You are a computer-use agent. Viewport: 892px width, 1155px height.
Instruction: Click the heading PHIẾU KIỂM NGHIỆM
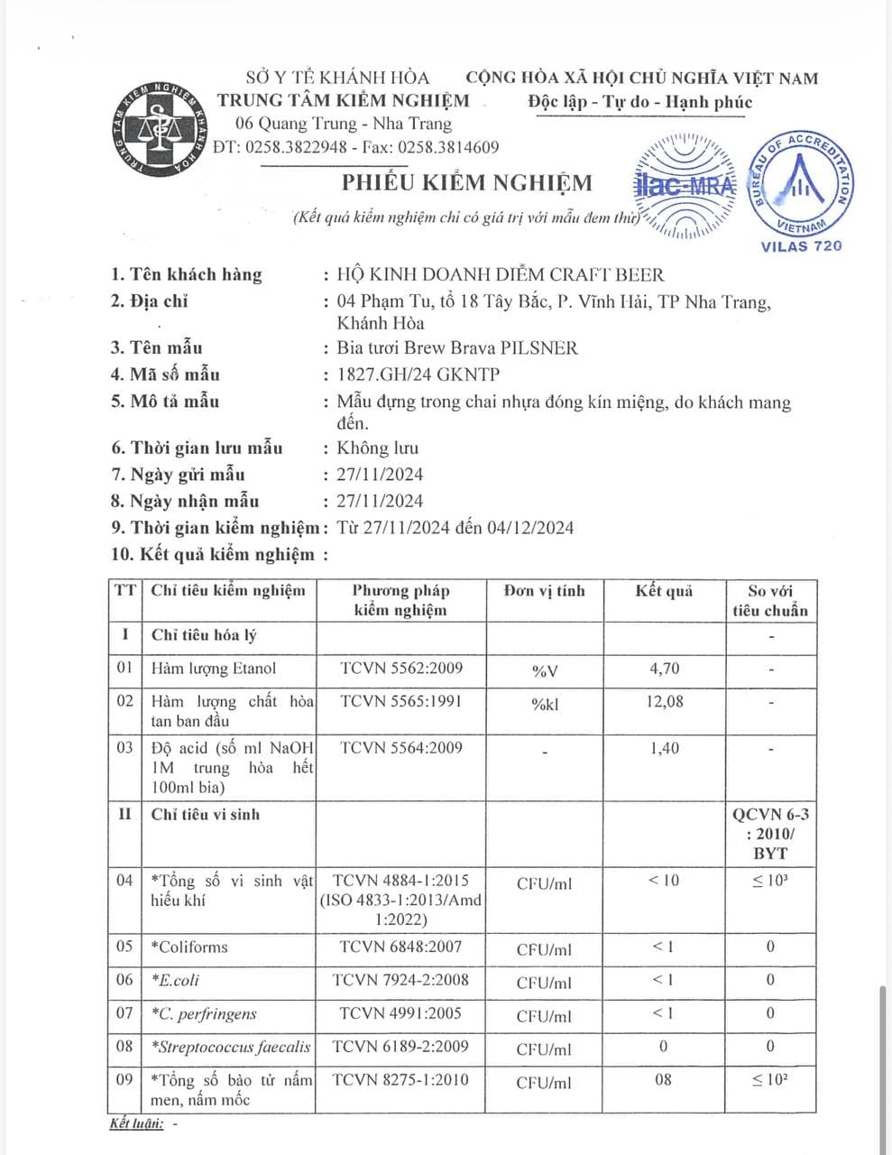coord(466,183)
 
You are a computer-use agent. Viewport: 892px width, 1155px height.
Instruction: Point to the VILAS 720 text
coord(801,245)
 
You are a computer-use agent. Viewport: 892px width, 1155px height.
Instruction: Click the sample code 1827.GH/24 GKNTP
coord(418,374)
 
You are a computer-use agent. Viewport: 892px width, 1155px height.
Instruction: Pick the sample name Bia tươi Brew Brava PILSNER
coord(457,347)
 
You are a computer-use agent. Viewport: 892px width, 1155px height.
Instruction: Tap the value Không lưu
coord(377,448)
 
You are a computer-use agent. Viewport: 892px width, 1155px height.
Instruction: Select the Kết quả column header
coord(664,591)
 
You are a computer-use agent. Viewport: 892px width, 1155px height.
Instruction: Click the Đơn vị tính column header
coord(545,591)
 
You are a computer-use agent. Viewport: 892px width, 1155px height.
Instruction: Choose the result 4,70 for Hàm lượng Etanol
coord(664,669)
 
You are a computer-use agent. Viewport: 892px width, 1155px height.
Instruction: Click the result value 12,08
coord(664,701)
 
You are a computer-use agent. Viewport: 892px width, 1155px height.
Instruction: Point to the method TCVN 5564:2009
coord(401,747)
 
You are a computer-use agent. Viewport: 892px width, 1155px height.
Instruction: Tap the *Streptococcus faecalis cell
coord(231,1047)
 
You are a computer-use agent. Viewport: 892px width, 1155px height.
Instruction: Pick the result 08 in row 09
coord(664,1079)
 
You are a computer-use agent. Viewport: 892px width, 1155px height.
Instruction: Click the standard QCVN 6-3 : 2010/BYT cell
coord(770,833)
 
